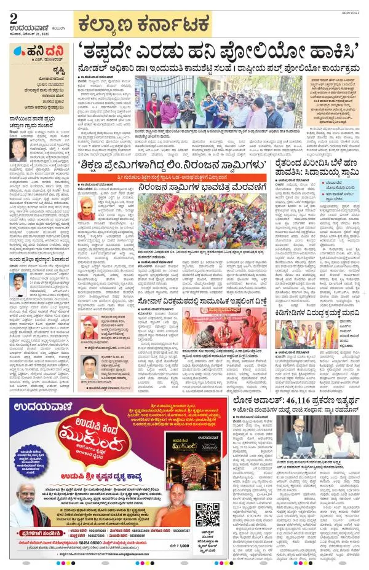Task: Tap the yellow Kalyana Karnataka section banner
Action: [x=142, y=25]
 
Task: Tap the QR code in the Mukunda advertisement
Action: [x=211, y=517]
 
